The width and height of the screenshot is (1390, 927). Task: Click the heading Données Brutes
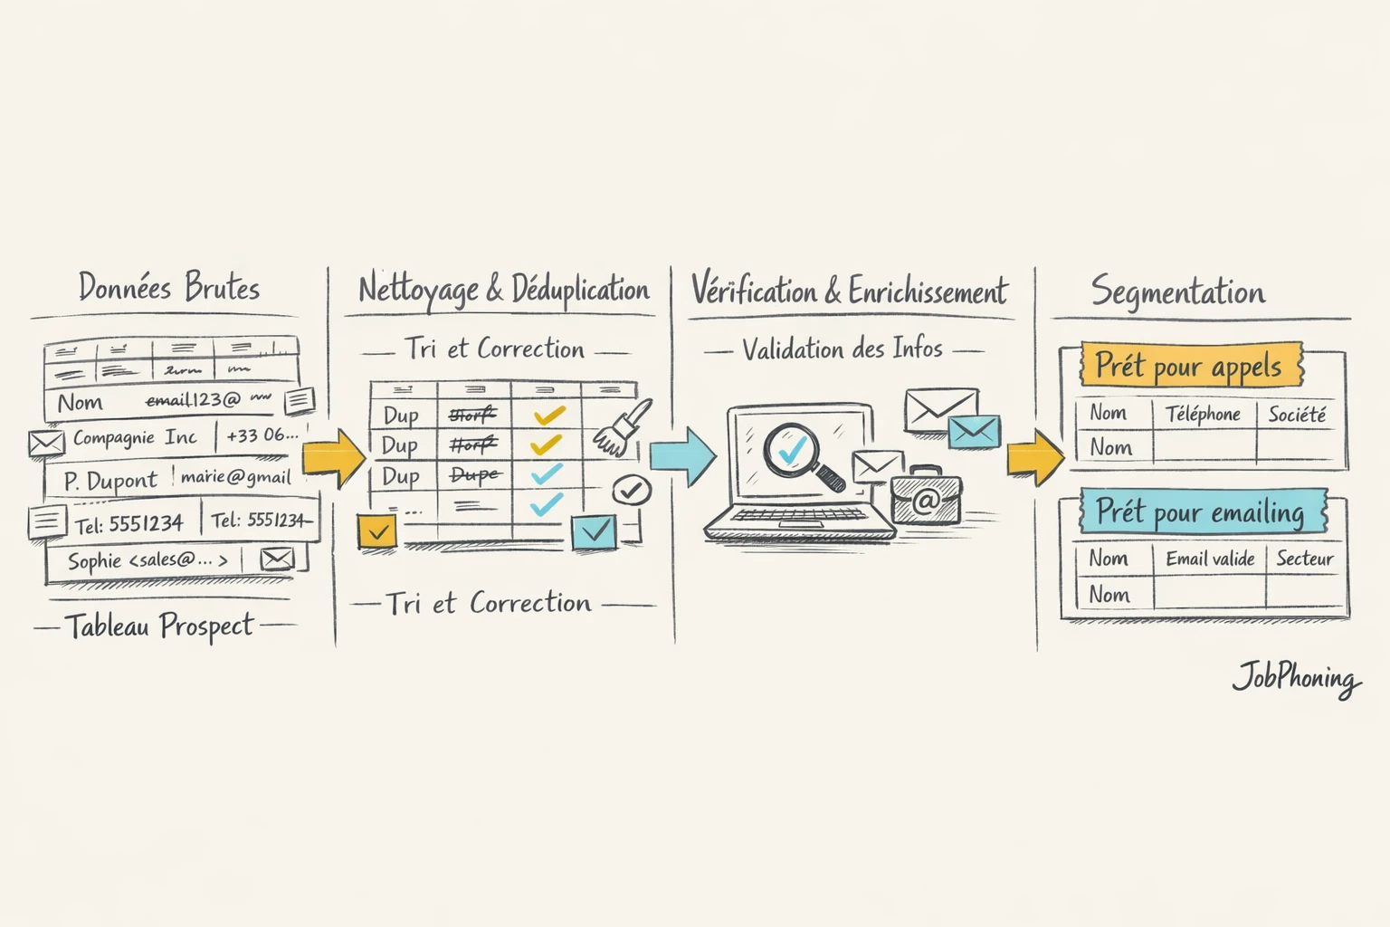tap(169, 288)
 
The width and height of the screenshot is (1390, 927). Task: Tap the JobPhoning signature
tap(1296, 679)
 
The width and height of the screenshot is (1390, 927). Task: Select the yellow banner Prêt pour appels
tap(1189, 365)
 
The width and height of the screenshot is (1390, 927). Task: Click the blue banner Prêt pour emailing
tap(1201, 512)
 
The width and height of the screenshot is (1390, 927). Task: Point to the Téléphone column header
tap(1203, 415)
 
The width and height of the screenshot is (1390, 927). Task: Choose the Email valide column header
tap(1210, 559)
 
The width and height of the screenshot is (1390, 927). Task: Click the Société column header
tap(1297, 415)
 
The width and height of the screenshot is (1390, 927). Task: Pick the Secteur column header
tap(1304, 559)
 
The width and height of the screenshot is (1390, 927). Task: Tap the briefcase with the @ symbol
tap(925, 498)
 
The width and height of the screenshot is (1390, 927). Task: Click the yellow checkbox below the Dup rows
tap(376, 531)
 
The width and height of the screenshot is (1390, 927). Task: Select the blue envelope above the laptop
tap(974, 432)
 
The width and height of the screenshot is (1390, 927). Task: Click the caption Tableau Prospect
tap(160, 626)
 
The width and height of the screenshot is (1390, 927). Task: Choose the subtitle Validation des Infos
tap(843, 349)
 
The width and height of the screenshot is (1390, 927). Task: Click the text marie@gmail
tap(235, 477)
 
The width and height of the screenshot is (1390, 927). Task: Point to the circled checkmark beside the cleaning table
tap(632, 491)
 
